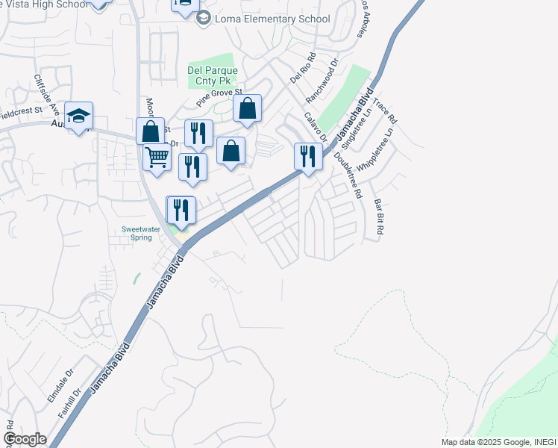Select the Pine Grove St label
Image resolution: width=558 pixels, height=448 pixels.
220,96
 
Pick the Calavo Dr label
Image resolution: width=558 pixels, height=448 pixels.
316,127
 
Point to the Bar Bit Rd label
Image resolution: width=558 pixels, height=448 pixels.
378,217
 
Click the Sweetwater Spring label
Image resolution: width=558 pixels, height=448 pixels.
137,233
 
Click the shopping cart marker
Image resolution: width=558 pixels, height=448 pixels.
157,158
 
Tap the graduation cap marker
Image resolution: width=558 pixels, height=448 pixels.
78,116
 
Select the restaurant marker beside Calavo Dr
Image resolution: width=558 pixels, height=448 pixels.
308,156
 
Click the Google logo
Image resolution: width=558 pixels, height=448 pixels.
25,439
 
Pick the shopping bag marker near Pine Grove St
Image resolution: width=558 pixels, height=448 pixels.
247,109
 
